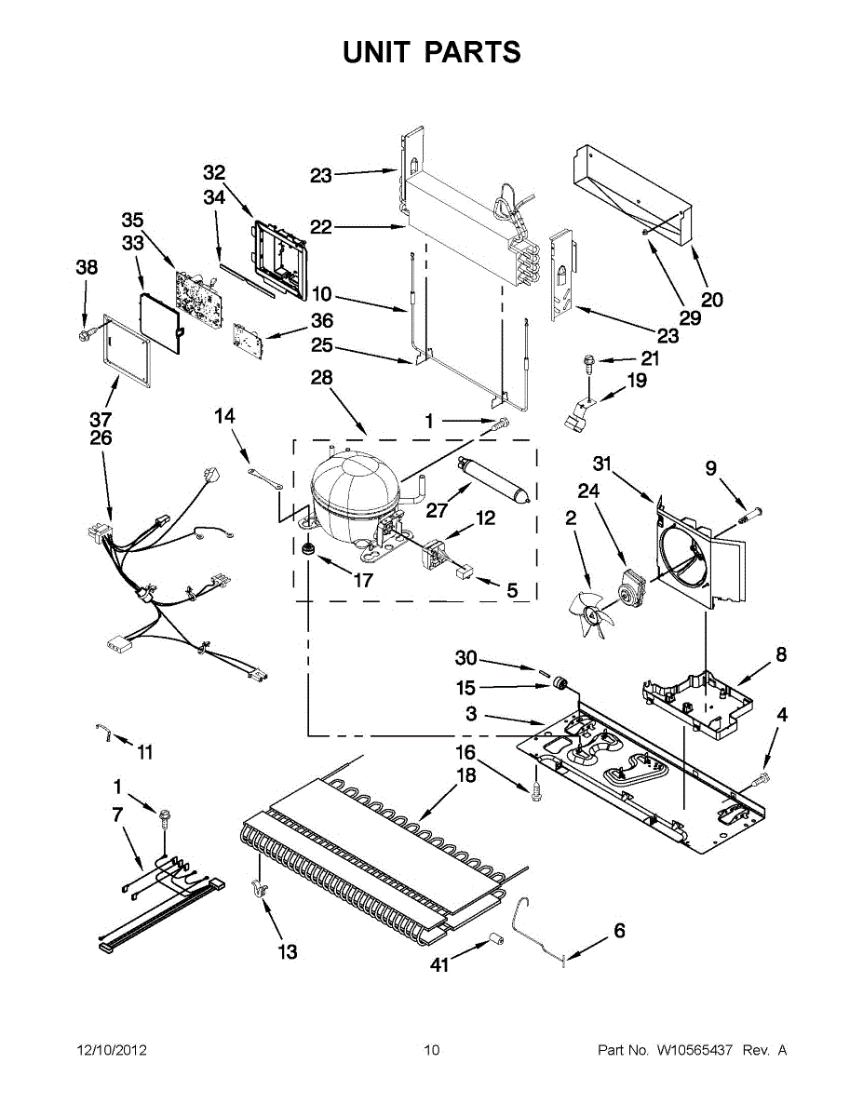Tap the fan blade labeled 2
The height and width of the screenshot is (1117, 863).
click(x=587, y=612)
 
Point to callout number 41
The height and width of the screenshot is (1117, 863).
click(x=439, y=965)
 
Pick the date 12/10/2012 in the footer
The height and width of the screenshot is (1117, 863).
click(x=111, y=1051)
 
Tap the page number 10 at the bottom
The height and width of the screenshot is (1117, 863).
click(x=431, y=1051)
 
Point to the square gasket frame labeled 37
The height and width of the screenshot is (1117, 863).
click(x=125, y=349)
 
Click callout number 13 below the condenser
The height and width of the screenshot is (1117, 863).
click(x=288, y=951)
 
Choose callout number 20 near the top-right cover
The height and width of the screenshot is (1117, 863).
click(x=712, y=300)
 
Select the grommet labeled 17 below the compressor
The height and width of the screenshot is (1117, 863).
click(x=305, y=551)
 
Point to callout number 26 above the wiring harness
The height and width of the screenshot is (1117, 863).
click(x=101, y=437)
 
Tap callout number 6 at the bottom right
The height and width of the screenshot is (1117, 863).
click(x=619, y=930)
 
